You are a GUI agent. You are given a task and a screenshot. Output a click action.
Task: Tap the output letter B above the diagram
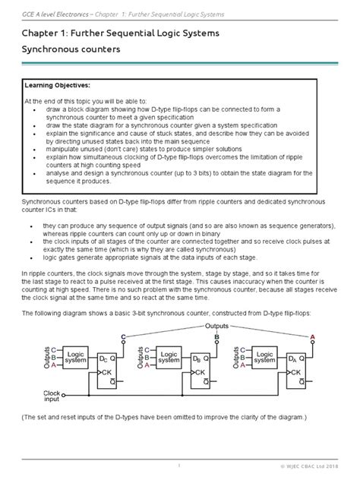tap(217, 335)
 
